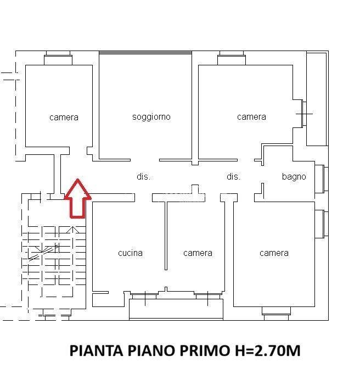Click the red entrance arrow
click(77, 199)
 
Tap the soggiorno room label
click(151, 117)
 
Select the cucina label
click(130, 253)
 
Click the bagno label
click(294, 176)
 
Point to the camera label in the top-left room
click(64, 118)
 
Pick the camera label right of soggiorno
click(251, 117)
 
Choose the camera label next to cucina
click(198, 253)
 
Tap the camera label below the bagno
click(274, 253)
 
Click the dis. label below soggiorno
click(143, 176)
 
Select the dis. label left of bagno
click(233, 176)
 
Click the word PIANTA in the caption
click(96, 350)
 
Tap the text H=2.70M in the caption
click(268, 350)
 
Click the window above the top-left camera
click(58, 58)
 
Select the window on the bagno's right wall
click(322, 178)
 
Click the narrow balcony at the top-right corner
click(317, 99)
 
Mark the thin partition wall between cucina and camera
click(166, 236)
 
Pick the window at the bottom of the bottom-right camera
click(277, 314)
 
